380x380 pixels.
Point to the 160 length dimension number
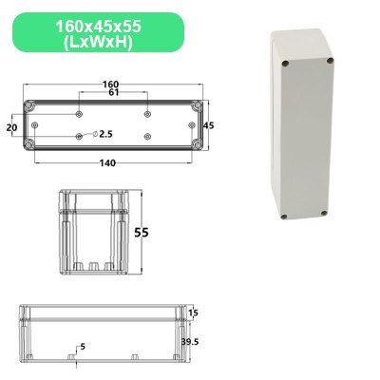point(111,84)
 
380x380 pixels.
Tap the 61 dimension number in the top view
point(111,93)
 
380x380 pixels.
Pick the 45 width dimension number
point(210,124)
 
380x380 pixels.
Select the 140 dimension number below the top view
point(107,162)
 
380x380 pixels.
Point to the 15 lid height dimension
point(193,313)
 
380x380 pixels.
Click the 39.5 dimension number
point(191,340)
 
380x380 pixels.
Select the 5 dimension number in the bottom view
point(83,347)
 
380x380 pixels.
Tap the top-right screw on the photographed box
point(330,64)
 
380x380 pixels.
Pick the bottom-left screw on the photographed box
point(285,219)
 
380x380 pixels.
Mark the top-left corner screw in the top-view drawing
point(28,104)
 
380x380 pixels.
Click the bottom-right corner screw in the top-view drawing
point(196,144)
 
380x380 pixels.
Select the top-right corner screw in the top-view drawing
point(196,104)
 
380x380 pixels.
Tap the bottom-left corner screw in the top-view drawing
point(28,144)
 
